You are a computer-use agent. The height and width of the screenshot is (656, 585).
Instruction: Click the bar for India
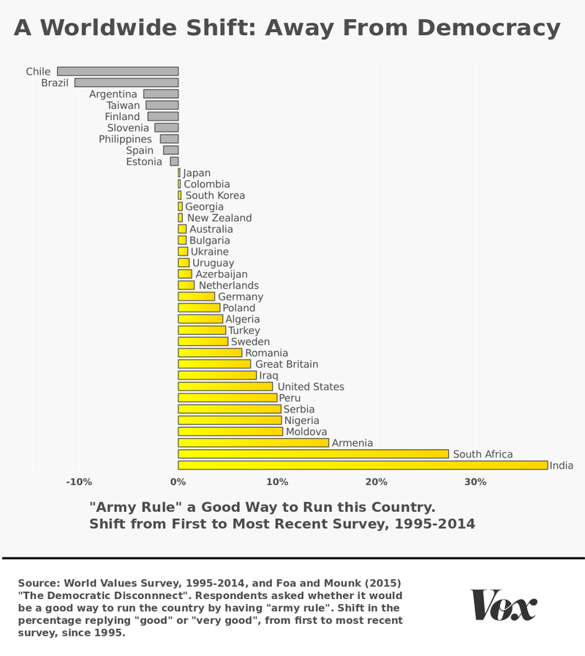(x=363, y=465)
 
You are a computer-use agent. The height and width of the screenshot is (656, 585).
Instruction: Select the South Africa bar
(x=313, y=454)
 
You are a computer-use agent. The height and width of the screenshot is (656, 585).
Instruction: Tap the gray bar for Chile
(x=118, y=72)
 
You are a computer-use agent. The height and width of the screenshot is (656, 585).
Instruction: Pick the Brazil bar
(x=127, y=83)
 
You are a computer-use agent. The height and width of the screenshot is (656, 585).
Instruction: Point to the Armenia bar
(x=253, y=442)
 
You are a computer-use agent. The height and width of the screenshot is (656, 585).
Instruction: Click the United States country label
(x=311, y=387)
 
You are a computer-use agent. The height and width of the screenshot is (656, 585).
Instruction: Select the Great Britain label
(x=287, y=364)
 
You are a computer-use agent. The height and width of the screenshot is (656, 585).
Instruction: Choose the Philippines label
(x=126, y=139)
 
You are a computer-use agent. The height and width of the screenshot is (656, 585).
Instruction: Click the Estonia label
(x=144, y=162)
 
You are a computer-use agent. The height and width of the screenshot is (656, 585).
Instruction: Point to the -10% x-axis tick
(x=78, y=482)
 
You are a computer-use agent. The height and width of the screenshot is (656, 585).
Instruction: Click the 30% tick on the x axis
(x=475, y=482)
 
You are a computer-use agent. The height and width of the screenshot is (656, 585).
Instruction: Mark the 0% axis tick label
(x=178, y=482)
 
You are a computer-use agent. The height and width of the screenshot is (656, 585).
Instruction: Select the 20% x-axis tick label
(x=376, y=482)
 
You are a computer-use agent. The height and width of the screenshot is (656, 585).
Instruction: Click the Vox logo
(x=504, y=605)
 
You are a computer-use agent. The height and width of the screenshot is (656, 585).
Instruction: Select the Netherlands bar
(x=186, y=285)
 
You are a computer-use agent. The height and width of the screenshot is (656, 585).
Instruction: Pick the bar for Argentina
(x=161, y=94)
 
